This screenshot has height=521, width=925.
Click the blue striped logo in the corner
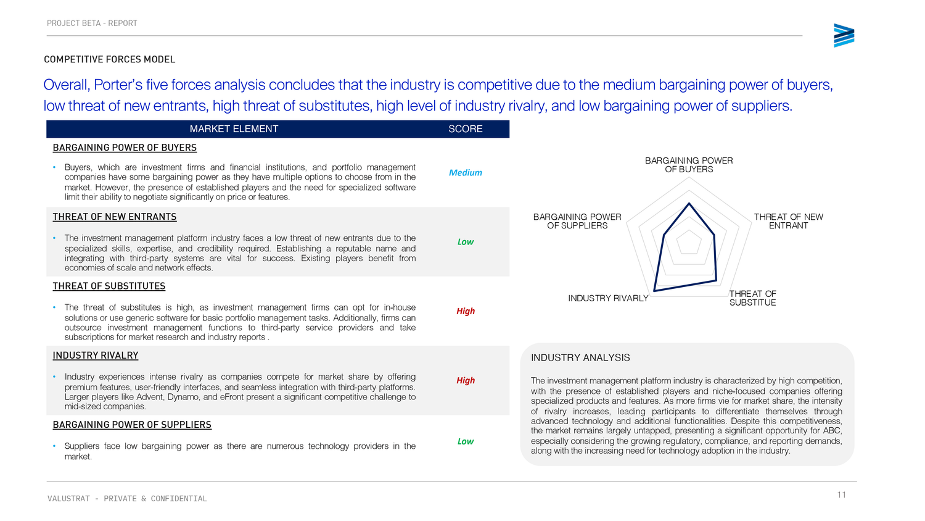pyautogui.click(x=844, y=36)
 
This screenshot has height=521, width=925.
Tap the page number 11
pyautogui.click(x=841, y=494)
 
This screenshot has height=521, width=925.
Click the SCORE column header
pyautogui.click(x=465, y=129)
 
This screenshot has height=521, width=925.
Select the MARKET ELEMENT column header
pyautogui.click(x=234, y=129)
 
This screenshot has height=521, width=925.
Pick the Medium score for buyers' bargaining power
pyautogui.click(x=465, y=173)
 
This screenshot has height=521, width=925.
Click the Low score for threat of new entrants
pyautogui.click(x=465, y=242)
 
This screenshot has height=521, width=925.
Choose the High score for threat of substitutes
pyautogui.click(x=465, y=311)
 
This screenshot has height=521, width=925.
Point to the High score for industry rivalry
pyautogui.click(x=465, y=380)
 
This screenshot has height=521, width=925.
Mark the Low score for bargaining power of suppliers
pyautogui.click(x=465, y=441)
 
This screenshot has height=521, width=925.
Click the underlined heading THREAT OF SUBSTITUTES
pyautogui.click(x=109, y=286)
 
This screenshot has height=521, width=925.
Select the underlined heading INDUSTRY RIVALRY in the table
pyautogui.click(x=96, y=356)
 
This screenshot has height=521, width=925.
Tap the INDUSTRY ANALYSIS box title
pyautogui.click(x=580, y=358)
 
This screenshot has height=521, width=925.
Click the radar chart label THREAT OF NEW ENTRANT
pyautogui.click(x=788, y=221)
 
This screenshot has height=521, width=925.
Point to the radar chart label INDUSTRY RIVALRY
pyautogui.click(x=608, y=299)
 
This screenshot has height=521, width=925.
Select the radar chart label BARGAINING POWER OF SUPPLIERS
pyautogui.click(x=577, y=221)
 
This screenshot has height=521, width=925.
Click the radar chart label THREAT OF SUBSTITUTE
pyautogui.click(x=752, y=298)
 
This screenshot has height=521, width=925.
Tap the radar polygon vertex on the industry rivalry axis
pyautogui.click(x=654, y=291)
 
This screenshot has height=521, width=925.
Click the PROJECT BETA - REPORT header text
pyautogui.click(x=92, y=23)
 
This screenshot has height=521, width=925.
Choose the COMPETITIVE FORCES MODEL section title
pyautogui.click(x=110, y=60)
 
